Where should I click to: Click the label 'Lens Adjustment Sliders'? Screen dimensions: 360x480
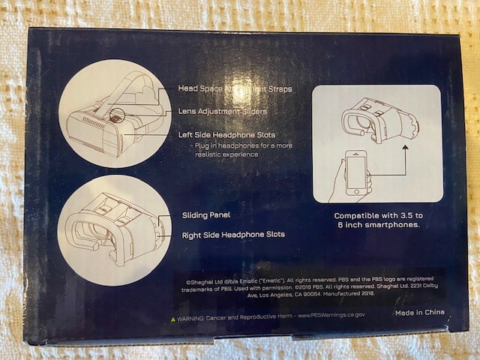(222, 112)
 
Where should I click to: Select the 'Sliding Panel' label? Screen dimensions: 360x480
(205, 215)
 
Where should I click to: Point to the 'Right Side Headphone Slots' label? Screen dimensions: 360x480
(232, 235)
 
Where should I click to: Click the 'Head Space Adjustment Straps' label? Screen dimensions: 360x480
(235, 88)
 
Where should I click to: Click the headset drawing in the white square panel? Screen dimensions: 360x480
(375, 120)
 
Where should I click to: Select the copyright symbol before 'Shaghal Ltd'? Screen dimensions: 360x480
(187, 277)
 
